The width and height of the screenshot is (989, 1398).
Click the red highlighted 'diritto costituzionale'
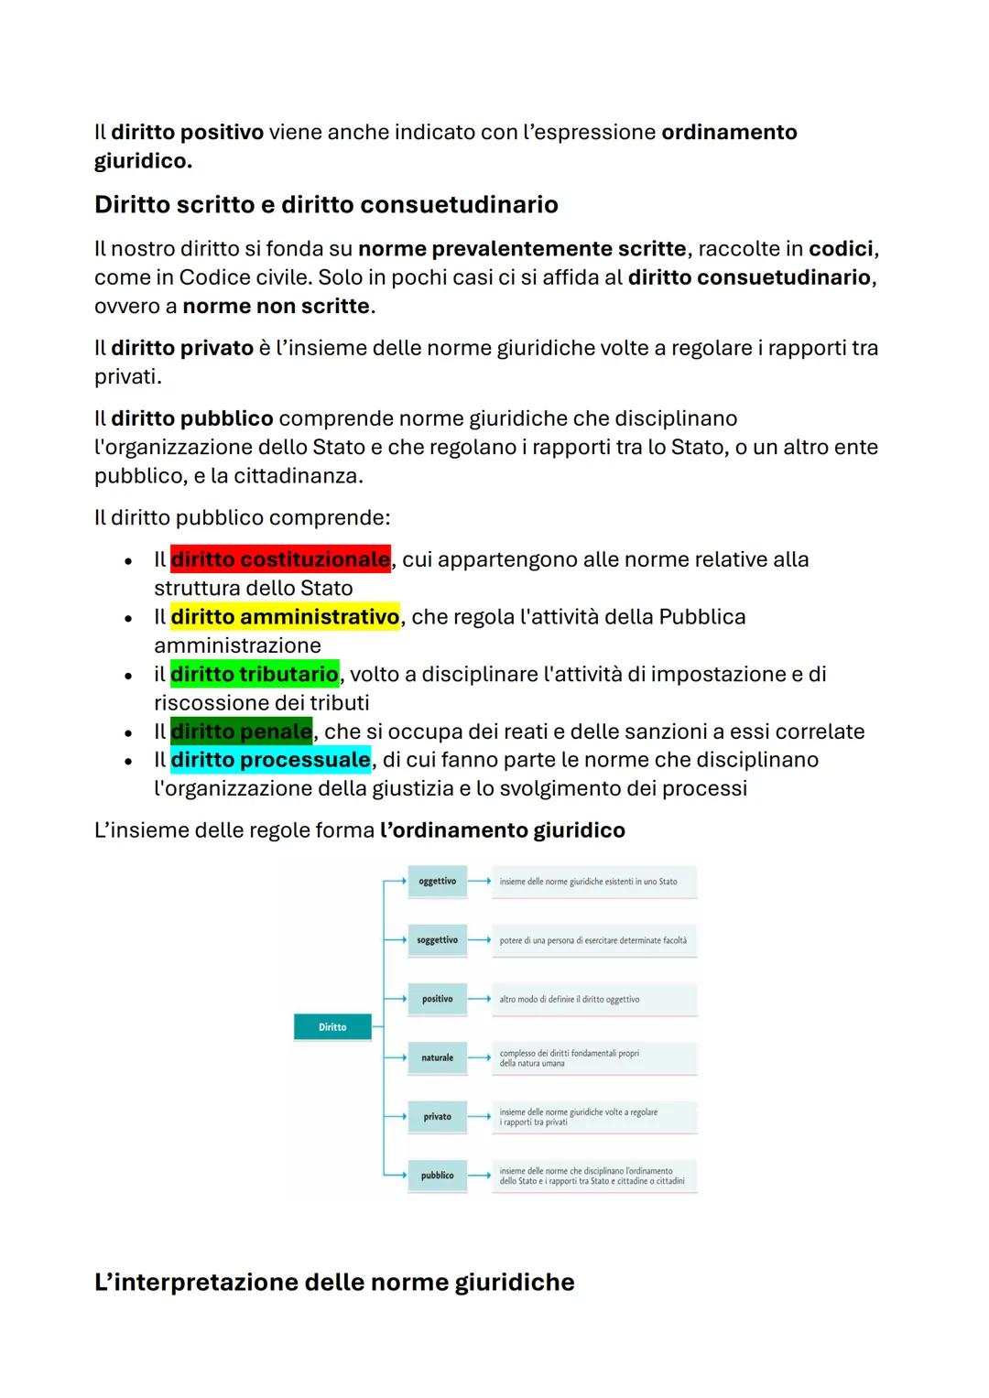click(x=280, y=559)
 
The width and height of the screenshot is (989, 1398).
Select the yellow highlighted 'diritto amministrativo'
click(x=285, y=617)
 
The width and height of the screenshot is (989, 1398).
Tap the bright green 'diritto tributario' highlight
click(x=255, y=675)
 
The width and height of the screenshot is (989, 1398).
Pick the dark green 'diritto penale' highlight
click(x=241, y=732)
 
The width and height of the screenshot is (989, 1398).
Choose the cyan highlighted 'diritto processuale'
click(x=270, y=760)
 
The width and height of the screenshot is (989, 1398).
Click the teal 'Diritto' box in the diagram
click(x=332, y=1027)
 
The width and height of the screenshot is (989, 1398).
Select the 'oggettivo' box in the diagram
click(x=437, y=882)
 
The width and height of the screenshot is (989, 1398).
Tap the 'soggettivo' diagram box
click(x=437, y=940)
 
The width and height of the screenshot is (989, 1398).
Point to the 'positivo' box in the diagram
click(x=437, y=999)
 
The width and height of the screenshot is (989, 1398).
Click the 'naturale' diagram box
click(x=437, y=1057)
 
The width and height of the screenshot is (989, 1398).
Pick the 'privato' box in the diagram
click(x=437, y=1117)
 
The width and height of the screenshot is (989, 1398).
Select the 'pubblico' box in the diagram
click(x=437, y=1176)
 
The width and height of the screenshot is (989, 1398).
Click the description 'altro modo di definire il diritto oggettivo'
click(x=570, y=1000)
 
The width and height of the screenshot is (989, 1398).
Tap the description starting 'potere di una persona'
click(x=592, y=940)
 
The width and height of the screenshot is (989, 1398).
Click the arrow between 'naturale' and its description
click(x=480, y=1057)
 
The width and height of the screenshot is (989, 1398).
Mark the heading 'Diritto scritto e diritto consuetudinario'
click(x=326, y=204)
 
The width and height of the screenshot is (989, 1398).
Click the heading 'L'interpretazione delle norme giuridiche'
click(x=334, y=1282)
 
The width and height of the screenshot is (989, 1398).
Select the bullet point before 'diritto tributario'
click(x=129, y=676)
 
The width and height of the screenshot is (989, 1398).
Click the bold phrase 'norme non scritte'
click(x=276, y=306)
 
